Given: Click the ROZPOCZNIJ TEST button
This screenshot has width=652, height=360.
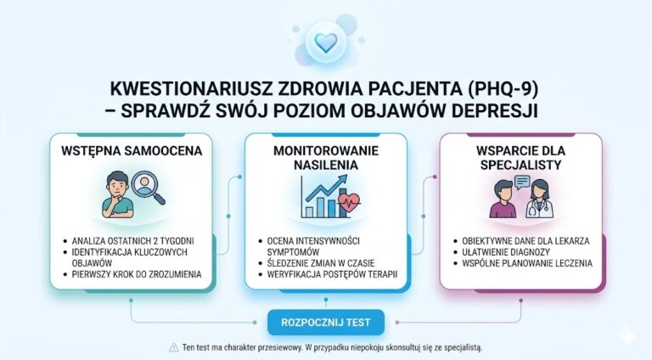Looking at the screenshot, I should coord(325,323).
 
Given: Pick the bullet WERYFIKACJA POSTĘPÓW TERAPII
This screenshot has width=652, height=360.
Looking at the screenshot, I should coord(333,275).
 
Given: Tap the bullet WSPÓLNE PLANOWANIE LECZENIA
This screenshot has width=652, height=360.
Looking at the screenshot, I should coord(527,264).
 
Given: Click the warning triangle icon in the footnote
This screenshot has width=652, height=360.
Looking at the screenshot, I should coord(174,348).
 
